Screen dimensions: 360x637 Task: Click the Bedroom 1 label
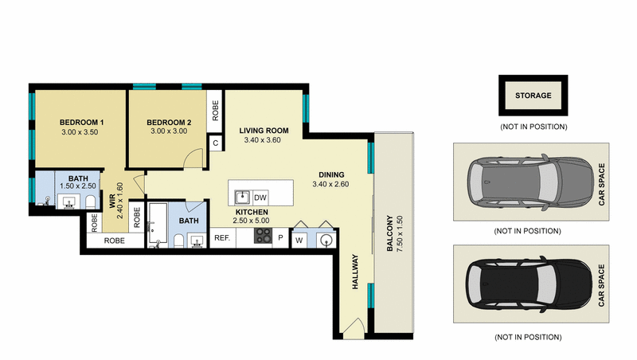pos(82,122)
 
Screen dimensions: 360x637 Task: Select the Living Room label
pos(264,130)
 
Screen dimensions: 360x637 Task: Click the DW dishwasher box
pos(260,196)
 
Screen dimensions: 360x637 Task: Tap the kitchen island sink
pos(241,195)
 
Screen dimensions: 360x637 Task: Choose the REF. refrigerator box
pos(222,237)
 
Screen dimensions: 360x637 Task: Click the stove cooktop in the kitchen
pos(263,236)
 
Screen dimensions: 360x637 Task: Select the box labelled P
pos(280,237)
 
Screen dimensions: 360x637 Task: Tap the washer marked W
pos(300,239)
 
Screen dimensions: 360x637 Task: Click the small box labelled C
pos(215,143)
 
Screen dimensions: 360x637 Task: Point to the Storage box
pos(533,96)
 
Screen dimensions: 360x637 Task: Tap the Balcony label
pos(390,233)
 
